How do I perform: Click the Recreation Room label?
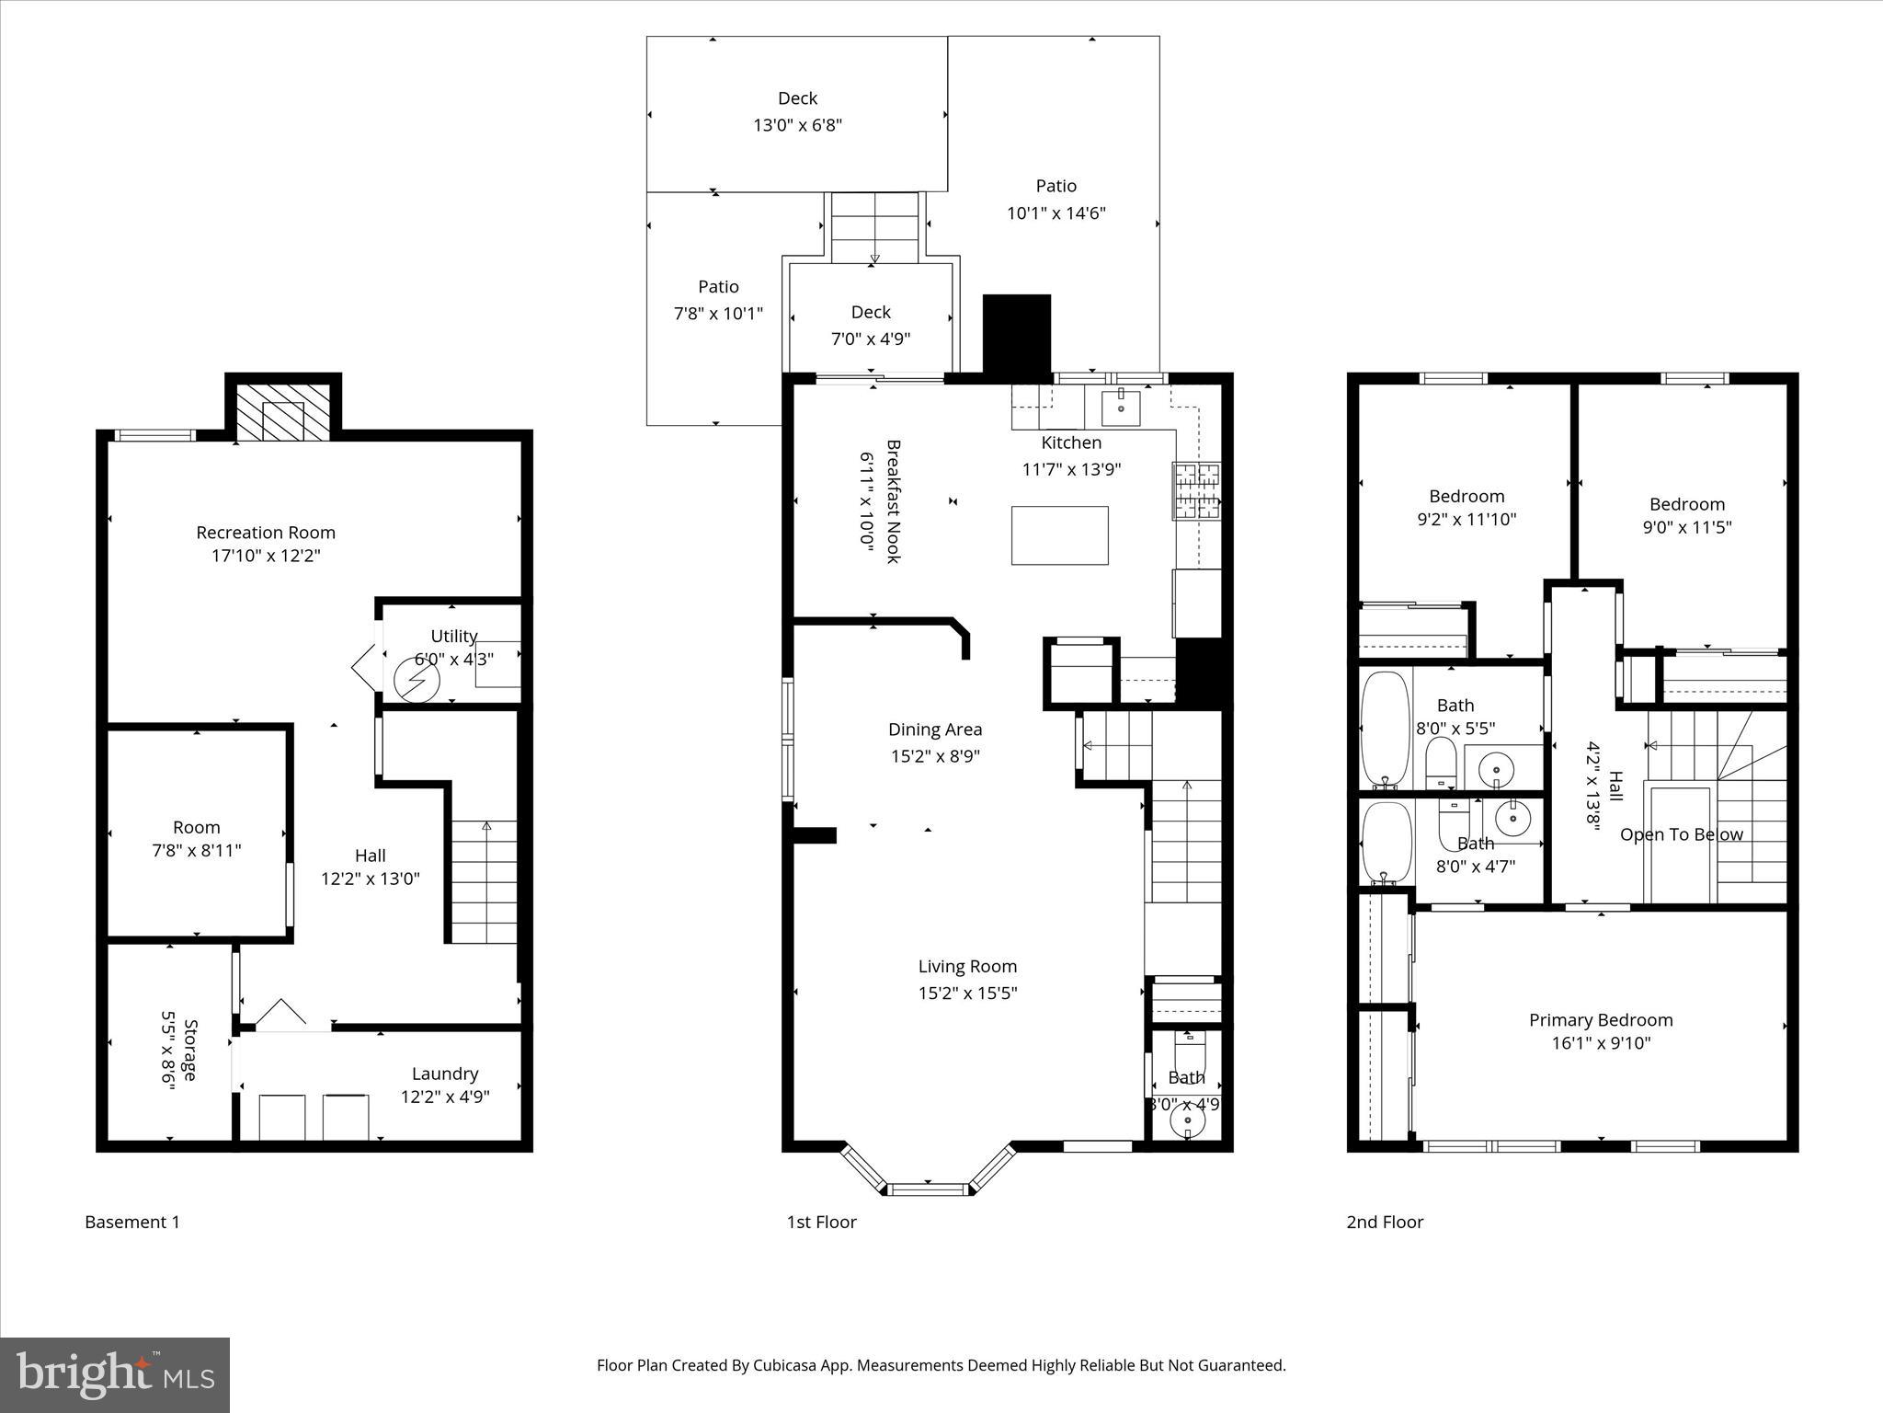[266, 532]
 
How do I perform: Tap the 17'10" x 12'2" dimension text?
[266, 556]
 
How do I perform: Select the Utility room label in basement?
[453, 636]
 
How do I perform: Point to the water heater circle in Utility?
[417, 681]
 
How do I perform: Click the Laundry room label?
[445, 1074]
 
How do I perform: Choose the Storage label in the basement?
[190, 1050]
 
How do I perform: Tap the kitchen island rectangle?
[1059, 535]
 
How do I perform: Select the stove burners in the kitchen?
[1196, 490]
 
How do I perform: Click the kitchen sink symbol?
[1121, 406]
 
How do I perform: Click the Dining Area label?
[935, 729]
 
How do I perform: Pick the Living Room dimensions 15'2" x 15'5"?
[967, 994]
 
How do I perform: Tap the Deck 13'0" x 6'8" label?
[797, 111]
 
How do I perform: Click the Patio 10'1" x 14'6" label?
[1056, 200]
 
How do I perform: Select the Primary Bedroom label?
[1600, 1019]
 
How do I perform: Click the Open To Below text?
[1681, 834]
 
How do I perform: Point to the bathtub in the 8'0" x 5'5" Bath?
[1385, 728]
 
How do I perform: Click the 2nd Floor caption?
[1385, 1222]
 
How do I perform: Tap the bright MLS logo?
[115, 1374]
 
